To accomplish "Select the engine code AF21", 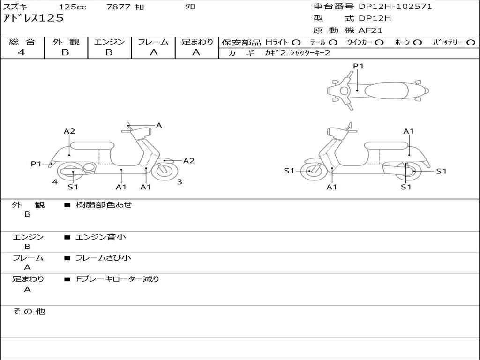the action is tap(370, 30).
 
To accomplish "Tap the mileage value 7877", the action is tap(119, 7).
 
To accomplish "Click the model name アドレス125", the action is tap(33, 19).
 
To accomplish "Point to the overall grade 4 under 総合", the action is tap(22, 52).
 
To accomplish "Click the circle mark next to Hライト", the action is tap(296, 42).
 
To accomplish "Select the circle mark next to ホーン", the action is tap(418, 42).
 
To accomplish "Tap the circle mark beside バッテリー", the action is tap(471, 42).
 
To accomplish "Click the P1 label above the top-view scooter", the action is tap(358, 66).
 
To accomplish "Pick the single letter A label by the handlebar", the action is tap(159, 125).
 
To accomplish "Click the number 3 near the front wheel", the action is tap(180, 182).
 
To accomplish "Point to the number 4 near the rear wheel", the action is tap(55, 182).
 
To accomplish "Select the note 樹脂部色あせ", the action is tap(104, 205).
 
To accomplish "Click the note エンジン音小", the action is tap(100, 237).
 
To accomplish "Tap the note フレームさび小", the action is tap(103, 258).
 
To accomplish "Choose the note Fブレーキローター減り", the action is tap(118, 279).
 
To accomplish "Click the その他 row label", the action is tap(29, 311).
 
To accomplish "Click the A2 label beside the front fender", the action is tap(188, 161).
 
